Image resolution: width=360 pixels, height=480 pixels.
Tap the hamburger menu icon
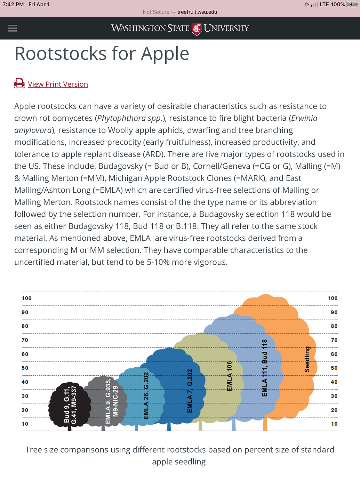point(13,28)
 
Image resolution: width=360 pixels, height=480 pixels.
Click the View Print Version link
point(58,84)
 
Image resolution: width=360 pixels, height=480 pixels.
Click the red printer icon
point(19,83)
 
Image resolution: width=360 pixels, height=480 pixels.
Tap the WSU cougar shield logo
point(197,29)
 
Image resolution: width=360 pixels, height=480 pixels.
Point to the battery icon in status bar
point(351,5)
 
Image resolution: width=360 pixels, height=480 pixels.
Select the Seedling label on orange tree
point(307,359)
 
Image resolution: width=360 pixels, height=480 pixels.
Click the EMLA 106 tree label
point(229,376)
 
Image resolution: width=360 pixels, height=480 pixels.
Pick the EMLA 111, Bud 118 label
point(265,368)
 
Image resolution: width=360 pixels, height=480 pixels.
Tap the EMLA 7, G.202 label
point(190,391)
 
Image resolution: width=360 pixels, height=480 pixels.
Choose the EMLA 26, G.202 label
point(146,395)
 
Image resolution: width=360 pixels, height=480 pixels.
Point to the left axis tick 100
point(27,298)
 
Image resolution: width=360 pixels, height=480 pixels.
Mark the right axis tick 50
point(334,368)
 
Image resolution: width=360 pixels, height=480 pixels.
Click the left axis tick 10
point(25,424)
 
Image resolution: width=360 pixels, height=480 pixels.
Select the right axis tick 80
point(334,326)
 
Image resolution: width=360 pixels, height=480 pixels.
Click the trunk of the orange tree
point(265,424)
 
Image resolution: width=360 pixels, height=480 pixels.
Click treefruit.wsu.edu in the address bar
point(197,12)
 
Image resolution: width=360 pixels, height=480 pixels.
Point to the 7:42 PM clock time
point(13,5)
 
